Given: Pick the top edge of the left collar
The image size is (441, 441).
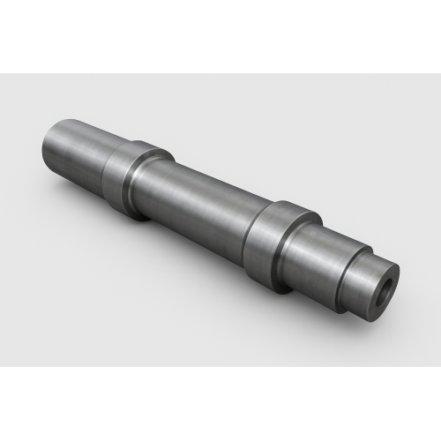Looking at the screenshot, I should (x=141, y=144).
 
